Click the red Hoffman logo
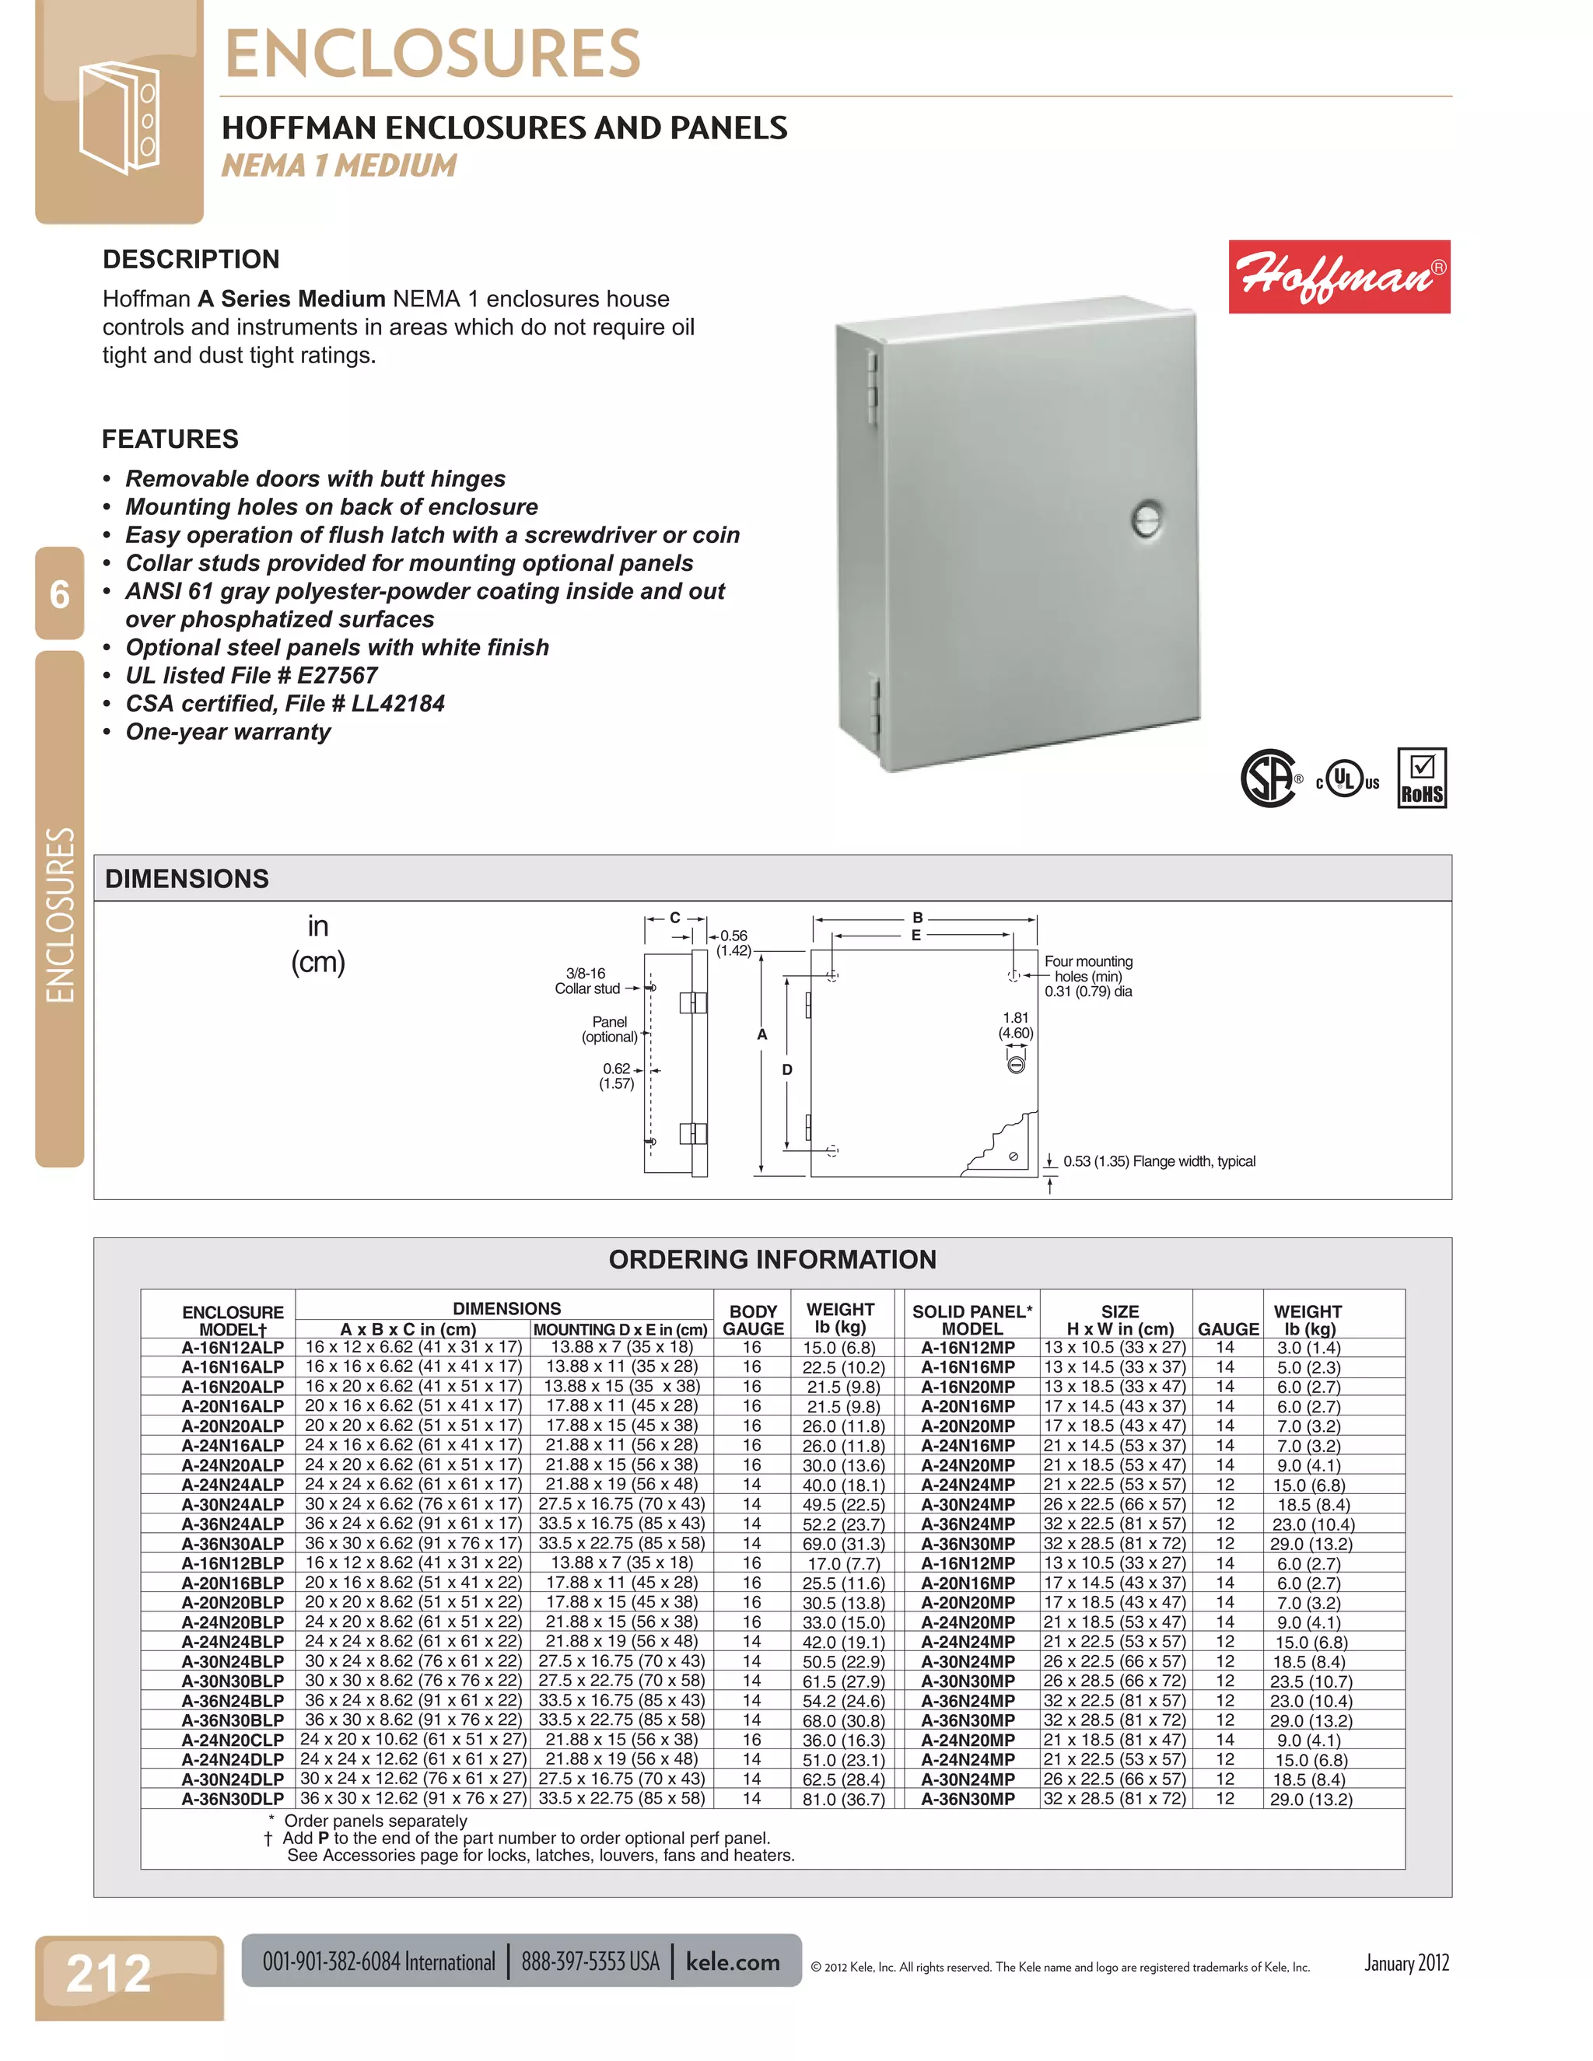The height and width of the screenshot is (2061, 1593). pos(1338,277)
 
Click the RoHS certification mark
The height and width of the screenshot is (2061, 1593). pos(1421,778)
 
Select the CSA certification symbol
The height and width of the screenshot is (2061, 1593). pos(1269,778)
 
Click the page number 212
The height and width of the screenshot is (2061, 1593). pos(109,1973)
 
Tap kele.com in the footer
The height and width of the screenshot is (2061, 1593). pos(732,1962)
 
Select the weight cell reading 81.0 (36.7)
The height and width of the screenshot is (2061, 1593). pos(842,1799)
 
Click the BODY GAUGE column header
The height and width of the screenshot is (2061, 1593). pos(752,1319)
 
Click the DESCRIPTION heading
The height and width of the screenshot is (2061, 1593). pos(191,260)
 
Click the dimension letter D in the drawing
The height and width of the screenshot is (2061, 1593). pos(787,1069)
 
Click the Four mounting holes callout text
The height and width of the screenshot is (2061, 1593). pos(1088,976)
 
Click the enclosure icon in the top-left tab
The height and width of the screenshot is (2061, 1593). pos(119,118)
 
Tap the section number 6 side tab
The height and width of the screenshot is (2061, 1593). pos(59,594)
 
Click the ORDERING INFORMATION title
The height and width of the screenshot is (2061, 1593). pos(772,1260)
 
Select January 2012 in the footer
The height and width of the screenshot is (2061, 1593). pos(1406,1963)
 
